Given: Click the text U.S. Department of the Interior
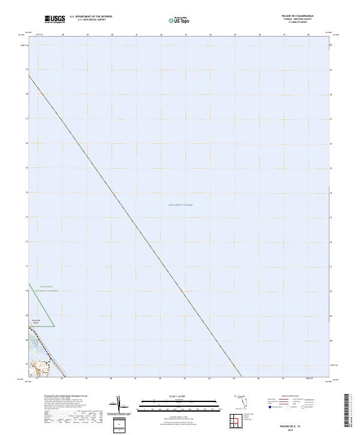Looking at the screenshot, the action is coord(91,17).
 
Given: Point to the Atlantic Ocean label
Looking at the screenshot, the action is coord(181,205).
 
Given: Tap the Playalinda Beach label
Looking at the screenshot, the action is coord(35,322).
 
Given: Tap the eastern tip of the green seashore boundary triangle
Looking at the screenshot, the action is coord(55,326).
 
